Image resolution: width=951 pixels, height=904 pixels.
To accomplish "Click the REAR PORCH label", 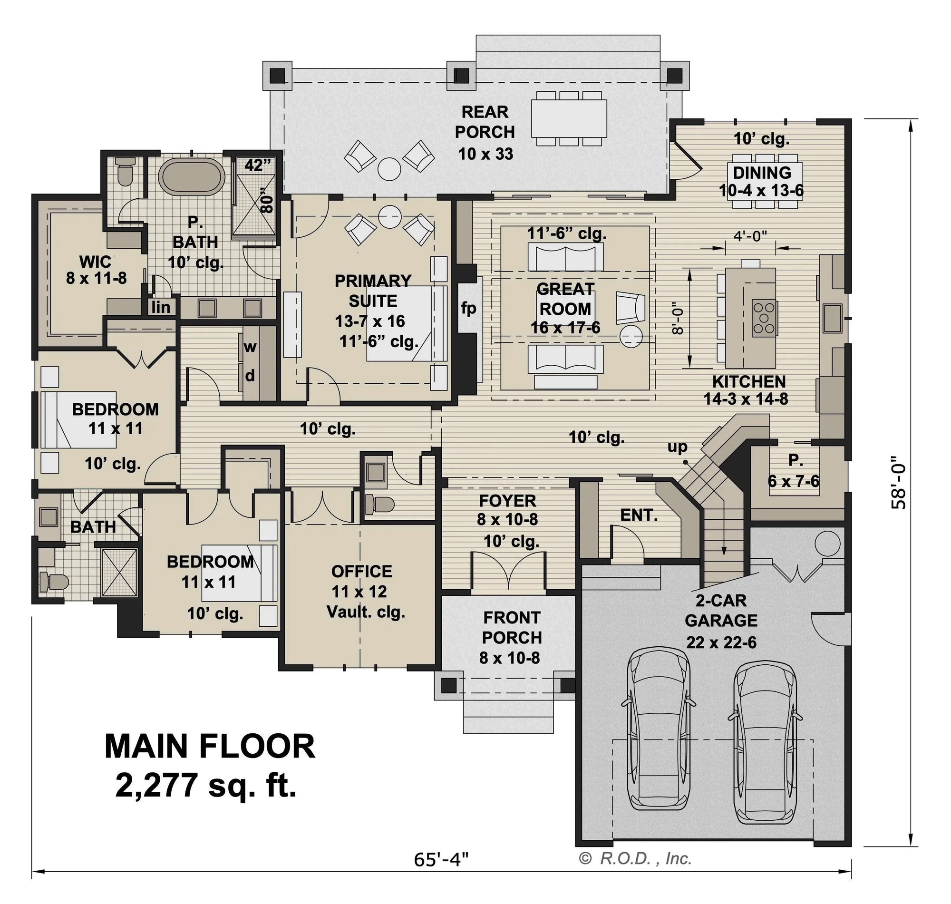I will [485, 122].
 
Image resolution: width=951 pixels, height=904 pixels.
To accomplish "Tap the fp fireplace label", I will [468, 308].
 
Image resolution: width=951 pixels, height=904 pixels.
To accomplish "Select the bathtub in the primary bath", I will [192, 177].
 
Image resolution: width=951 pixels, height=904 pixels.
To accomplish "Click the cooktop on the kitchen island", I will [764, 318].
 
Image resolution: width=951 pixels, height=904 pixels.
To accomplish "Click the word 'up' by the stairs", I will [677, 447].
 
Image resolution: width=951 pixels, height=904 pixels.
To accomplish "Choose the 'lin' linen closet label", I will [160, 307].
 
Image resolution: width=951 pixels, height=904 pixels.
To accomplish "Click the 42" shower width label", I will [257, 165].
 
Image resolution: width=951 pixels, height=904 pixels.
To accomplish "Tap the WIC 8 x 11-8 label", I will [96, 270].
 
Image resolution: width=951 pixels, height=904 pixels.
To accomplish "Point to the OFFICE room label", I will [361, 572].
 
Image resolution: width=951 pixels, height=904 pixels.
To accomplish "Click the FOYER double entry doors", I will [509, 571].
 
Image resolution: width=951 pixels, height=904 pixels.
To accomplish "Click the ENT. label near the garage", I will [639, 515].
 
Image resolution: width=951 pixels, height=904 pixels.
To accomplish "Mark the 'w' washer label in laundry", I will [250, 347].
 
